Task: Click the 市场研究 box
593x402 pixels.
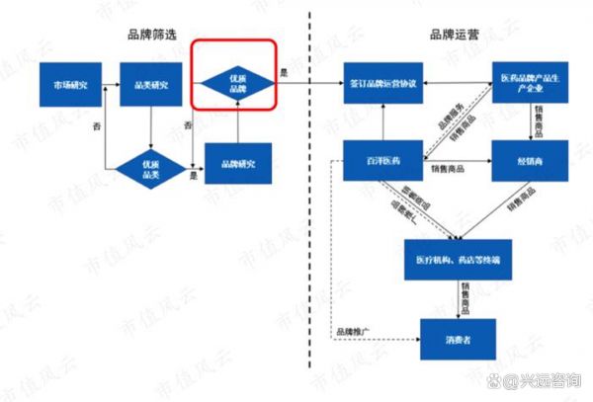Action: tap(68, 86)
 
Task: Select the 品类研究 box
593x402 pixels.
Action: tap(151, 86)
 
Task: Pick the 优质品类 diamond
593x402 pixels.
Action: tap(151, 166)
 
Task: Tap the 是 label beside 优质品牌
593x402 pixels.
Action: tap(285, 72)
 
